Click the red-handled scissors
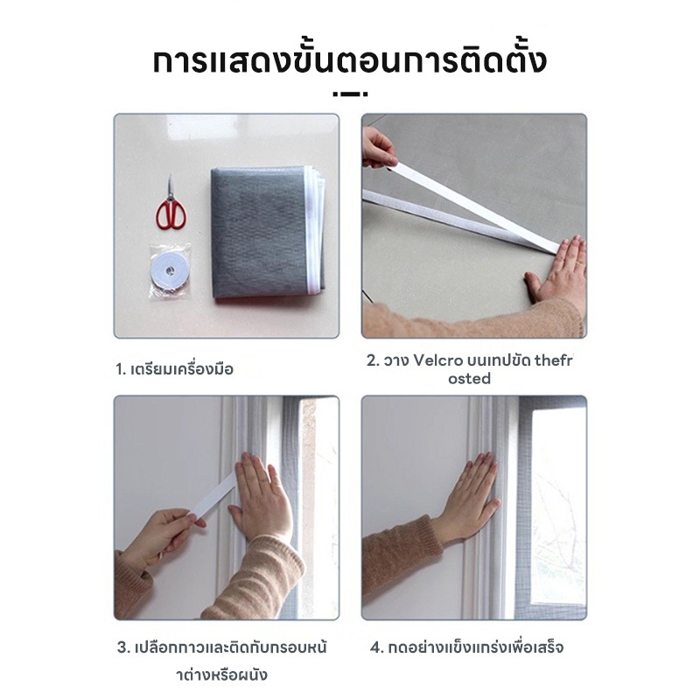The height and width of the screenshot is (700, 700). pos(170,207)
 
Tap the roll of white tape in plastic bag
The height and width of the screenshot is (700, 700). pos(170,271)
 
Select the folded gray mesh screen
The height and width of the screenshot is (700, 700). pos(267,234)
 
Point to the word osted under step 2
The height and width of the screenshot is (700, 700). pos(469,379)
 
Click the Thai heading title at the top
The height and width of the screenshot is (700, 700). pos(349,62)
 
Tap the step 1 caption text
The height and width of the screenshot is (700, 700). pos(174,369)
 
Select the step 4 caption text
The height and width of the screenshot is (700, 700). pos(466,647)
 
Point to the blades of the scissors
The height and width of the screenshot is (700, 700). pos(170,187)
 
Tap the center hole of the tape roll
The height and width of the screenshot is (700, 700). pos(169,271)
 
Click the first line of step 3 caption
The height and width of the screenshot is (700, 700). pos(222,647)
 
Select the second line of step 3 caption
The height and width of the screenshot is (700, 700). pos(222,674)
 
